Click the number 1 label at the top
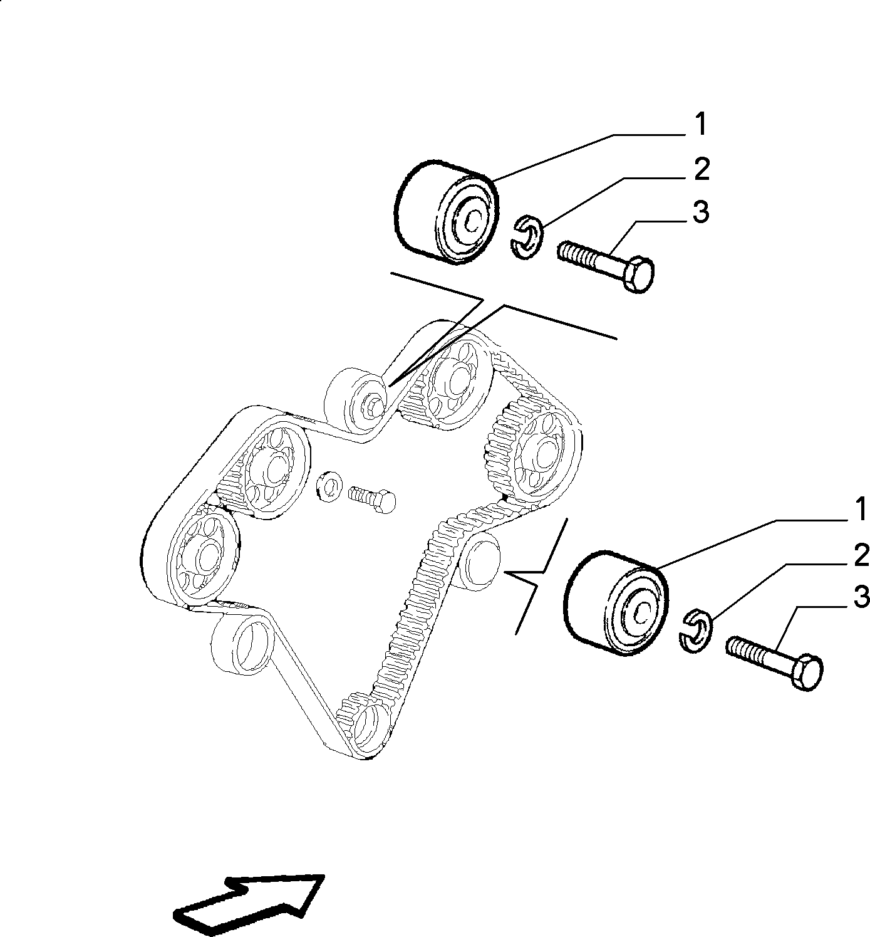pos(701,124)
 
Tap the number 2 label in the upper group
pos(702,169)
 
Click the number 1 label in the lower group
pos(861,509)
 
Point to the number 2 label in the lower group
pos(861,555)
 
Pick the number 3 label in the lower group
pos(861,598)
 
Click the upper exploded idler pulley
pos(446,212)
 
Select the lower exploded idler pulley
pos(616,602)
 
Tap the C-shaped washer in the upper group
pos(527,237)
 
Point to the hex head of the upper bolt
pos(638,274)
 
